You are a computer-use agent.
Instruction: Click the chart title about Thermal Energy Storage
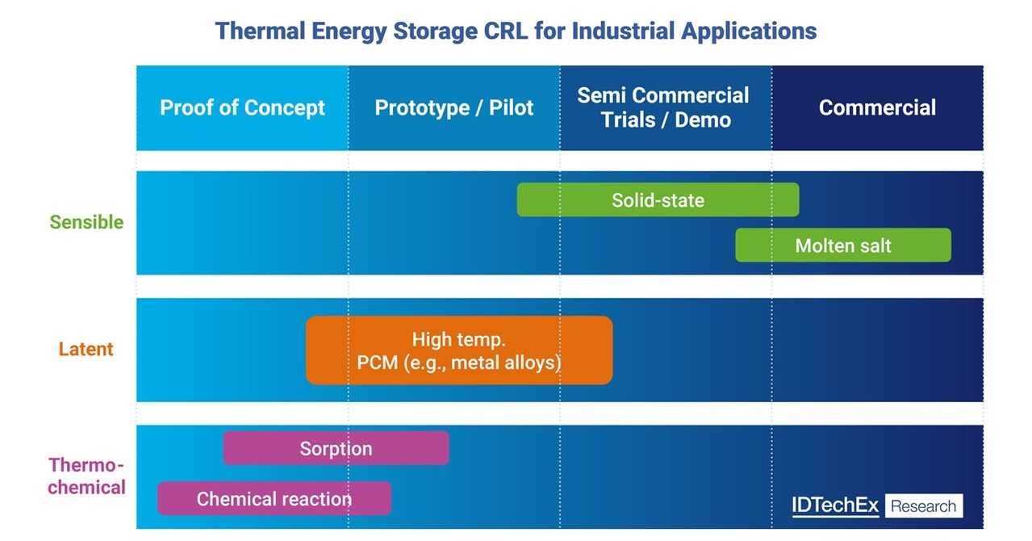(x=516, y=31)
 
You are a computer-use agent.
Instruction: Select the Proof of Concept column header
(x=242, y=107)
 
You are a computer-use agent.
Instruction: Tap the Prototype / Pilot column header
(x=453, y=107)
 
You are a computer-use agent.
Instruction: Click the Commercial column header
(x=877, y=107)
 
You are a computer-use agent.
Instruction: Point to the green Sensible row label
(x=86, y=222)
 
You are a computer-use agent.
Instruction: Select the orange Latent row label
(x=86, y=350)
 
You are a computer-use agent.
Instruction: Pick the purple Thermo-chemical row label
(x=86, y=476)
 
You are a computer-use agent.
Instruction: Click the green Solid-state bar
(x=658, y=200)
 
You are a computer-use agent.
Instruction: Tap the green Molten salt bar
(x=843, y=245)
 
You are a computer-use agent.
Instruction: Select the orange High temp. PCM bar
(x=458, y=350)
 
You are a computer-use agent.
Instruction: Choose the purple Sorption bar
(x=336, y=448)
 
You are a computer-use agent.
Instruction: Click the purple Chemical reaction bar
(x=274, y=499)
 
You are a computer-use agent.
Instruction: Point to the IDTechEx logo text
(x=835, y=506)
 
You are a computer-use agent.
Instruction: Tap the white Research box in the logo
(x=924, y=506)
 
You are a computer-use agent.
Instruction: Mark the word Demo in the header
(x=704, y=120)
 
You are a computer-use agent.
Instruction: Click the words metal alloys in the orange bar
(x=505, y=363)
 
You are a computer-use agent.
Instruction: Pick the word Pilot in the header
(x=511, y=107)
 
